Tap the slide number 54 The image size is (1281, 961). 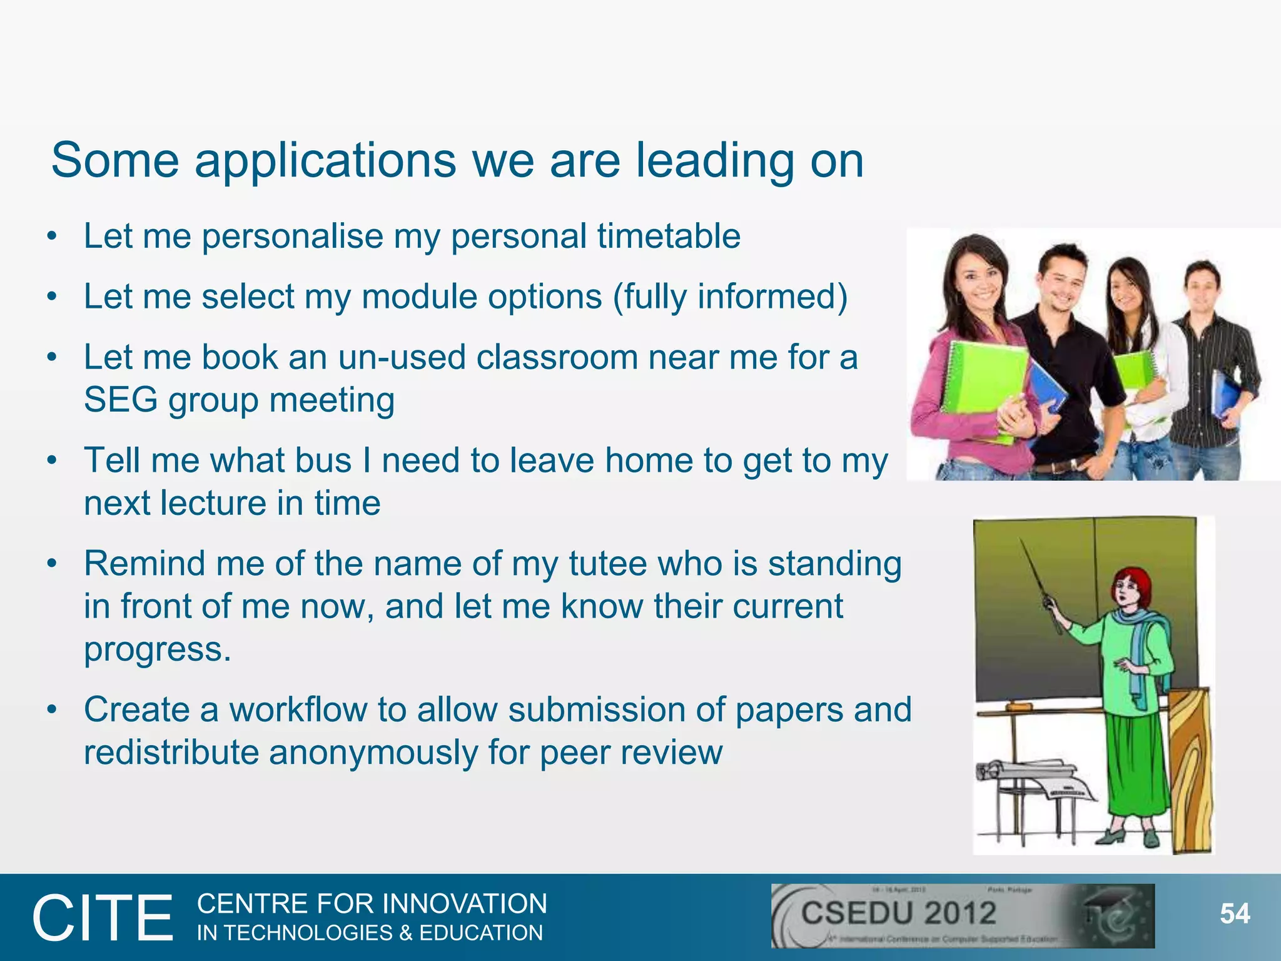tap(1235, 914)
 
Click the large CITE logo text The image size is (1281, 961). tap(103, 918)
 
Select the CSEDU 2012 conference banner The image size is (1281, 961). tap(962, 915)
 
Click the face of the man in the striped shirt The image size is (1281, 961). tap(1203, 287)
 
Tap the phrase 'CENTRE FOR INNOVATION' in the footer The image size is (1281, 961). tap(372, 904)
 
